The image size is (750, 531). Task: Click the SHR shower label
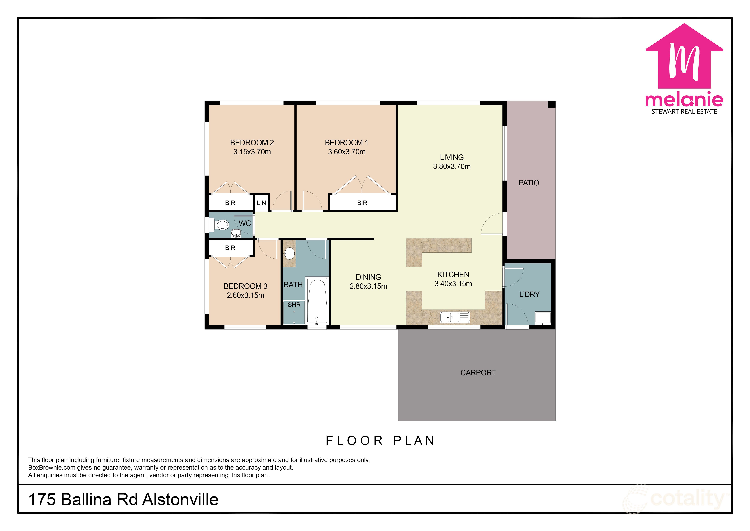point(294,305)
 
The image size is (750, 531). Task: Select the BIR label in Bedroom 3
point(230,248)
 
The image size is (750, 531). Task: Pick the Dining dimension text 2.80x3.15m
point(368,286)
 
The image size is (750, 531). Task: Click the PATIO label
point(529,183)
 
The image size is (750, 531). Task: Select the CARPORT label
point(478,373)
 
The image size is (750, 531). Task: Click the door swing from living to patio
point(493,224)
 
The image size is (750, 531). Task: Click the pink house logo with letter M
point(684,57)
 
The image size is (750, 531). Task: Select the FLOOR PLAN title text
point(380,441)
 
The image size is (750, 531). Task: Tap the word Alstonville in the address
point(180,500)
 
